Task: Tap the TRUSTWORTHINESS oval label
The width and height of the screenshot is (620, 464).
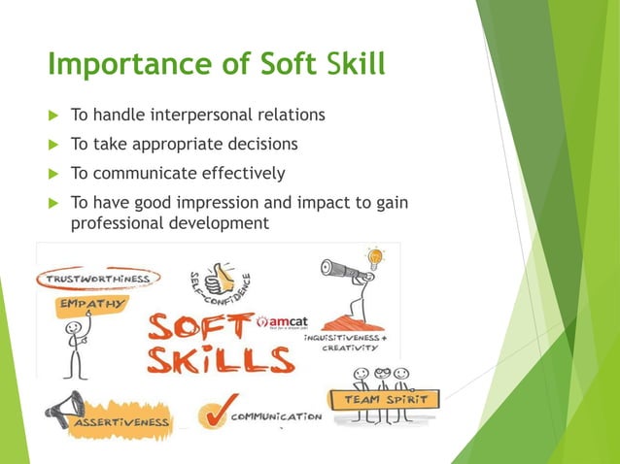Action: click(x=95, y=279)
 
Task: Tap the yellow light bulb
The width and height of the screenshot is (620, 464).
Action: click(x=375, y=258)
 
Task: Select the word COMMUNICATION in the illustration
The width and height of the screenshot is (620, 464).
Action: click(x=277, y=415)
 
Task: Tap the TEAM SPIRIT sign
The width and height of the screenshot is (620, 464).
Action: click(x=385, y=399)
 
